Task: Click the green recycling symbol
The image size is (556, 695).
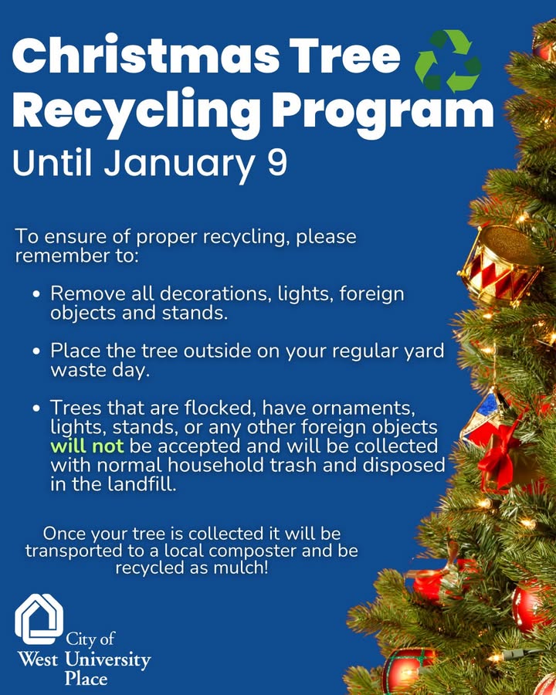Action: [x=448, y=61]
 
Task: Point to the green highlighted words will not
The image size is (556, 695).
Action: [x=87, y=446]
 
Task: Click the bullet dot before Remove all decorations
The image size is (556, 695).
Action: [x=37, y=296]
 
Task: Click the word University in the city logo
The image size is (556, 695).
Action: [x=108, y=660]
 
